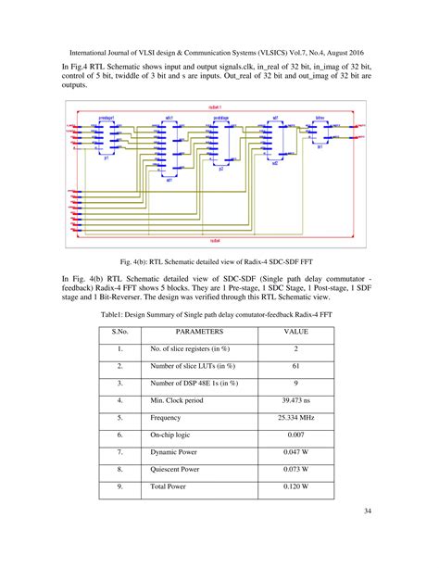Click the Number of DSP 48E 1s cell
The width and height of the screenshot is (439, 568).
point(194,383)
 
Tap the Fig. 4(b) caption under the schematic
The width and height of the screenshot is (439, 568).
point(219,261)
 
